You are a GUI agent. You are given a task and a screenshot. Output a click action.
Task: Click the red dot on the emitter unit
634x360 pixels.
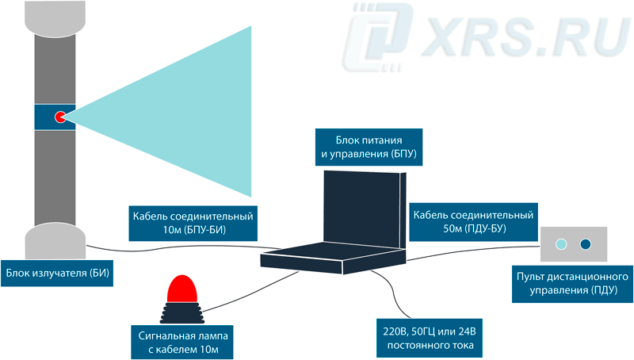tap(60, 117)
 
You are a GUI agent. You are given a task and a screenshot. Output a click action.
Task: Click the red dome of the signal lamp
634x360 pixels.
tap(182, 289)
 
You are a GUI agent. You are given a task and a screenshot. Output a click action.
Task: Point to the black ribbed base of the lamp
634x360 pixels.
tap(183, 312)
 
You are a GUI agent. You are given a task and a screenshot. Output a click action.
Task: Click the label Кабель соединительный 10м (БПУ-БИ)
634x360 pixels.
tap(194, 222)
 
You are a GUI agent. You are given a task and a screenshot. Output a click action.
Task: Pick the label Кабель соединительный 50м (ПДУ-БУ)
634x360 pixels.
tap(472, 222)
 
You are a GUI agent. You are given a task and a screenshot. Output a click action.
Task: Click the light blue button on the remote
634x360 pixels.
tap(561, 245)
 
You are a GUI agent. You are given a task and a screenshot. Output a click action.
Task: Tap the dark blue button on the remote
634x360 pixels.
tap(586, 245)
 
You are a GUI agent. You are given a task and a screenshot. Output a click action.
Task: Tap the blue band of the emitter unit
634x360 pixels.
tap(44, 117)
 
